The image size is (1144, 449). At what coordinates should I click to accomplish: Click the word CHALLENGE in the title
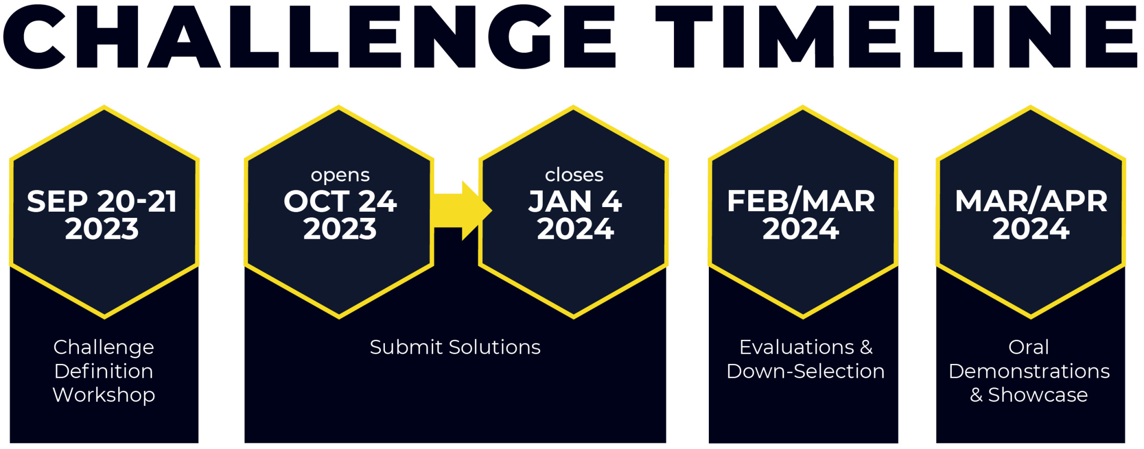310,36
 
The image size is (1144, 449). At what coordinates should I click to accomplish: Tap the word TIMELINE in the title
897,36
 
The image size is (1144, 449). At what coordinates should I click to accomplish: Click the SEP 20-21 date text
102,201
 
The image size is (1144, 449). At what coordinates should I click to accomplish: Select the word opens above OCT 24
340,175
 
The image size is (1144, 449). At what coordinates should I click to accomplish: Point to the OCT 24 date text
340,201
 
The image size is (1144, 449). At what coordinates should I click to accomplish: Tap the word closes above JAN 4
574,175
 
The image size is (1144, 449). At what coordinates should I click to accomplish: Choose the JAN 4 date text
575,201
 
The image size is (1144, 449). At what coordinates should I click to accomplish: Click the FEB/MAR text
801,201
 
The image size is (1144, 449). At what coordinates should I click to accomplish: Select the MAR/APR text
1031,201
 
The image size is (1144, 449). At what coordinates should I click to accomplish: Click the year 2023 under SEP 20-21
102,229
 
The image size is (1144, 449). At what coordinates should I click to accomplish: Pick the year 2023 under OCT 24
340,229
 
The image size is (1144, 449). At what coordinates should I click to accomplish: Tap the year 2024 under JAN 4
575,229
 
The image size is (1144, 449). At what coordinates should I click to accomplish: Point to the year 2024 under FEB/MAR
801,229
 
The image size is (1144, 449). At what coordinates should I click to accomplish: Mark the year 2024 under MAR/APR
1031,229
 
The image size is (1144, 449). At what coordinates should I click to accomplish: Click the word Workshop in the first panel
104,395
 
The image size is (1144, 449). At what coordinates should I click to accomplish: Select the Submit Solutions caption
455,347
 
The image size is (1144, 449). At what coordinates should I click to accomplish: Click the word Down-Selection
805,371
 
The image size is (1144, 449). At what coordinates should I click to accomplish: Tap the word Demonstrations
1029,371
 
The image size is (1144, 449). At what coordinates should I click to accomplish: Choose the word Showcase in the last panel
1038,395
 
